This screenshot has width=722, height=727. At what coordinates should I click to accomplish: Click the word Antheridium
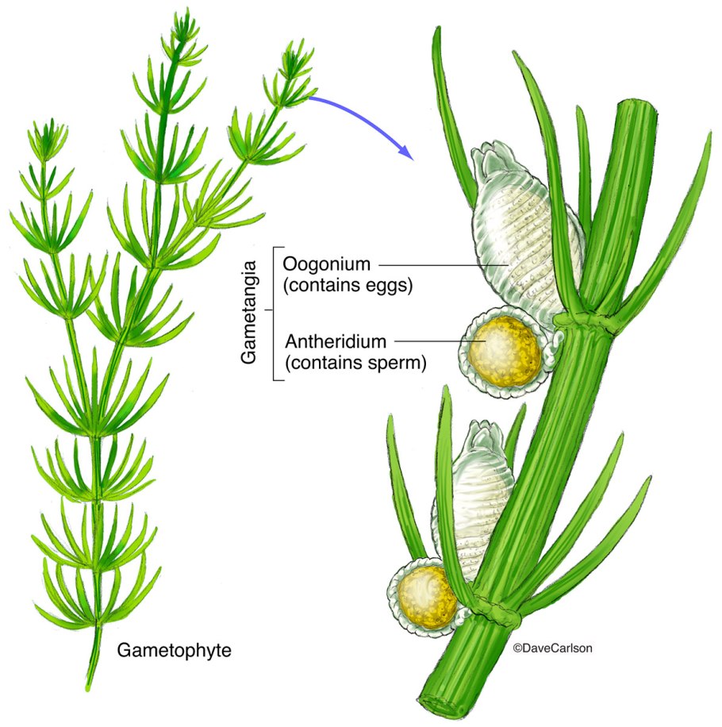(336, 342)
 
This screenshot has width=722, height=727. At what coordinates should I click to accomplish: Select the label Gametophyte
(175, 651)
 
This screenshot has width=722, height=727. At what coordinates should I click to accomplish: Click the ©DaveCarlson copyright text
(553, 648)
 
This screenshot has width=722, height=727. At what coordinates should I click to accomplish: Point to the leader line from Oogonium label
(444, 263)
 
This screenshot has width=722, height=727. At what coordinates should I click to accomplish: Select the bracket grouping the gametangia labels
(274, 314)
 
